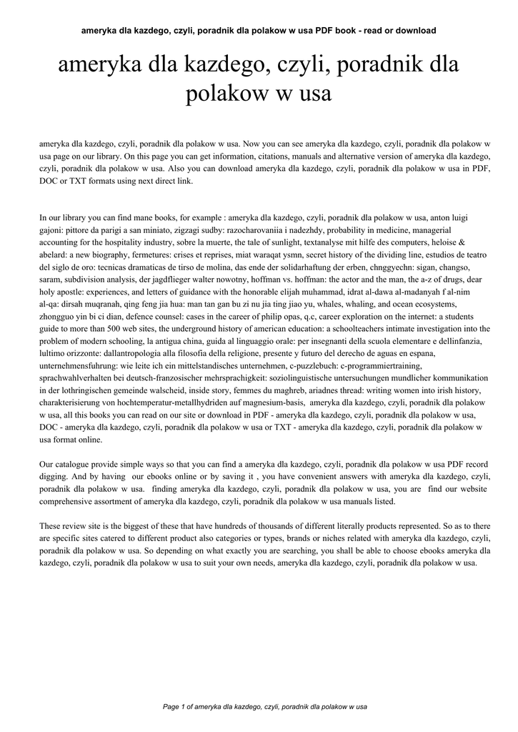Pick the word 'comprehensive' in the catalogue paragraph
click(69, 501)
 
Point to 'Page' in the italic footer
click(171, 707)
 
